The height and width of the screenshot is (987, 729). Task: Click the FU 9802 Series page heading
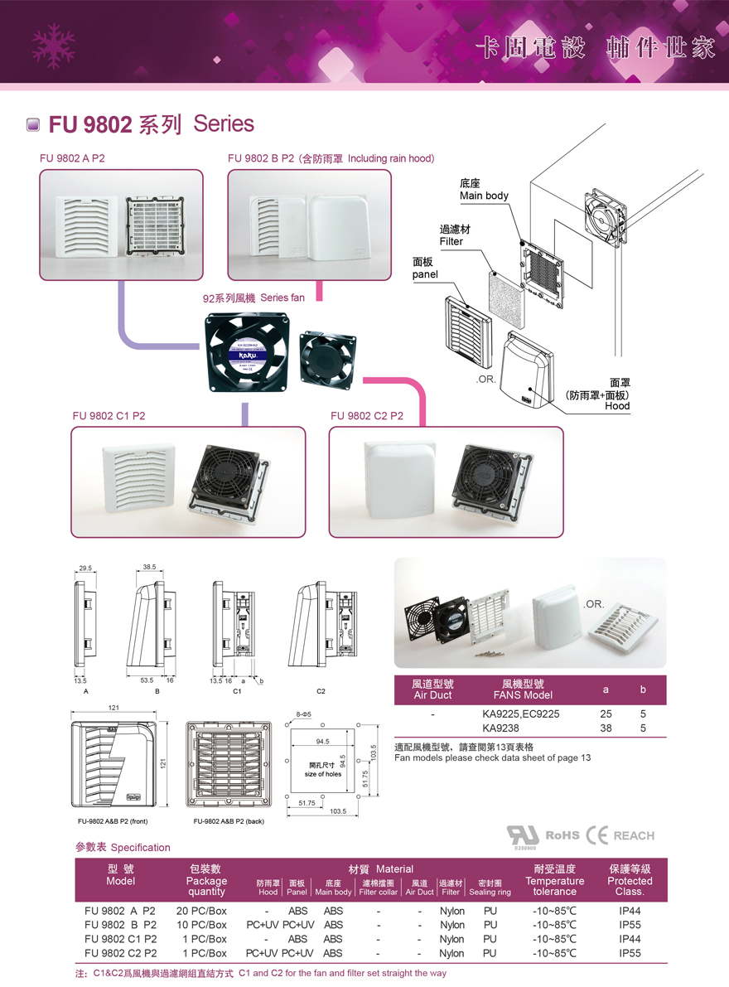pos(149,124)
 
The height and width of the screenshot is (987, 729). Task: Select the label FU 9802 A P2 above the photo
pos(72,158)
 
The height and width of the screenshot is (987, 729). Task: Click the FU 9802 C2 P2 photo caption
pos(367,416)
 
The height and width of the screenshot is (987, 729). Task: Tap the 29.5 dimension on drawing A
pos(85,568)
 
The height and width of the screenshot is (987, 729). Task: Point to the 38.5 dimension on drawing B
pos(149,568)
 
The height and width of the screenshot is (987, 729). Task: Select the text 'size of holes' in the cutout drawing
pos(322,774)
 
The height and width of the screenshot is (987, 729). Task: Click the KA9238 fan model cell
pos(500,728)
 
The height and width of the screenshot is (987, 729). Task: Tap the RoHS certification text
pos(562,835)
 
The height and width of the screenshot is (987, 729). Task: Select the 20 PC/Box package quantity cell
pos(201,911)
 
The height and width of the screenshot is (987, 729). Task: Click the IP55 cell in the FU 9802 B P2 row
pos(630,925)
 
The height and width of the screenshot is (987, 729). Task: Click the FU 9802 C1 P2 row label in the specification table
pos(120,939)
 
